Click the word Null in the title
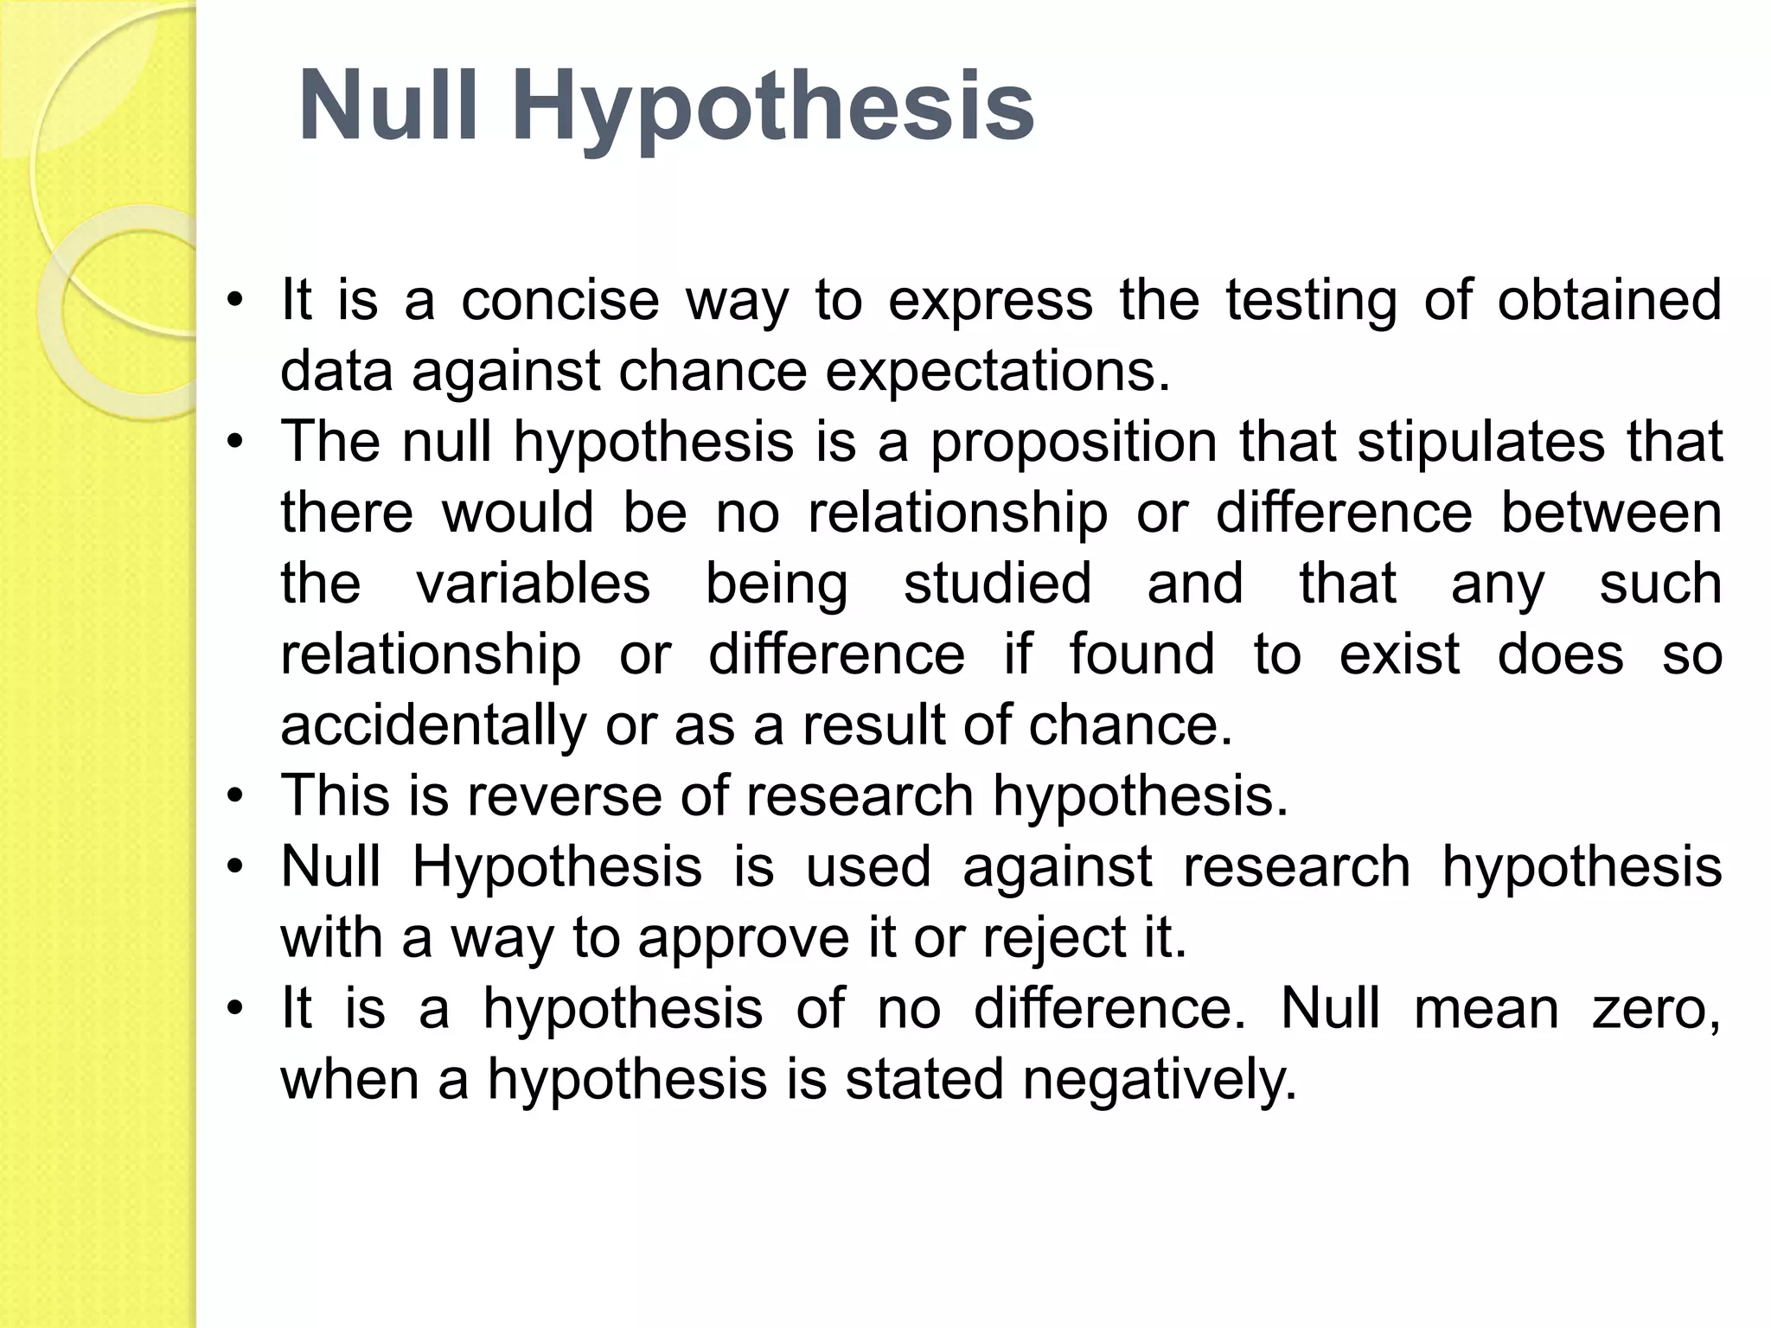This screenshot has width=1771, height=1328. [x=387, y=106]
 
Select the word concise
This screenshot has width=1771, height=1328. [x=559, y=300]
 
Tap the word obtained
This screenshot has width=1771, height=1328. [x=1609, y=300]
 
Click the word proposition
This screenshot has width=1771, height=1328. [x=1072, y=443]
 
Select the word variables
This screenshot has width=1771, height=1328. [x=533, y=584]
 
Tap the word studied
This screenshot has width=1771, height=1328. [x=997, y=584]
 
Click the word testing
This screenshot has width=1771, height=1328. [x=1310, y=302]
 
